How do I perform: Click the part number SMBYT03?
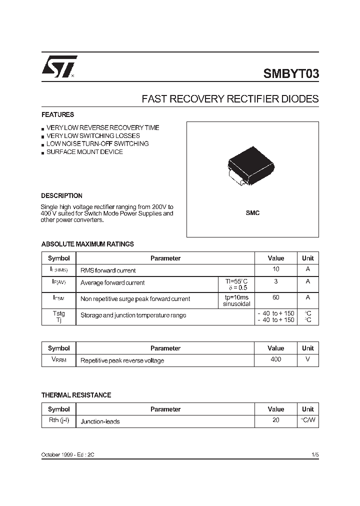pyautogui.click(x=290, y=74)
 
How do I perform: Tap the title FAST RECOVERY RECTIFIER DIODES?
pyautogui.click(x=230, y=99)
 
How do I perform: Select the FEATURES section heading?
pyautogui.click(x=57, y=114)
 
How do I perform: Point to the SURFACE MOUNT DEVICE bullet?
pyautogui.click(x=84, y=152)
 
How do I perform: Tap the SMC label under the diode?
pyautogui.click(x=252, y=213)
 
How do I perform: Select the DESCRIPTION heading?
pyautogui.click(x=61, y=195)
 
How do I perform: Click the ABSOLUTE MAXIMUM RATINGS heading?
pyautogui.click(x=87, y=244)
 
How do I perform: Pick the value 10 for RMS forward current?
pyautogui.click(x=275, y=269)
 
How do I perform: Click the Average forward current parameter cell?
pyautogui.click(x=112, y=283)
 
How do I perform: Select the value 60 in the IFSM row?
pyautogui.click(x=275, y=297)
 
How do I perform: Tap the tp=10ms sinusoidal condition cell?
pyautogui.click(x=236, y=300)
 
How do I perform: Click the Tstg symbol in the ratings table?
pyautogui.click(x=58, y=313)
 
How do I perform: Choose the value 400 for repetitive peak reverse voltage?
pyautogui.click(x=275, y=359)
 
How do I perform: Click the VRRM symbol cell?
pyautogui.click(x=58, y=360)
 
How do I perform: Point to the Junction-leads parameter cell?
pyautogui.click(x=100, y=421)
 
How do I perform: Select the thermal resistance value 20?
pyautogui.click(x=275, y=420)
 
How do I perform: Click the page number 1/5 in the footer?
pyautogui.click(x=314, y=454)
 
